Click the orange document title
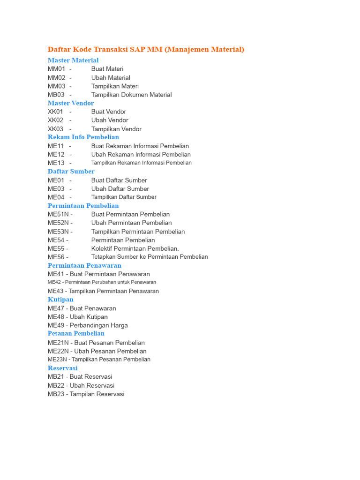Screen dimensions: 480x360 click(146, 49)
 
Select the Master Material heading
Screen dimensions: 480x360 click(73, 60)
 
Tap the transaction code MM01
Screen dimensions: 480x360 click(56, 69)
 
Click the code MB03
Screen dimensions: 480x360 click(56, 95)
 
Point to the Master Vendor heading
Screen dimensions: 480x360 click(71, 103)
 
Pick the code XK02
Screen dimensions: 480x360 click(55, 120)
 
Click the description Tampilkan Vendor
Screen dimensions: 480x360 click(116, 129)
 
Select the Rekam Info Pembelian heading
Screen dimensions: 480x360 click(83, 137)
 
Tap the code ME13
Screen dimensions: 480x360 click(56, 163)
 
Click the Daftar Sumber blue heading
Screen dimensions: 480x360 click(71, 172)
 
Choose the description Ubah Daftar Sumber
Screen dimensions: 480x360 click(120, 189)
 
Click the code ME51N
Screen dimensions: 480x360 click(58, 214)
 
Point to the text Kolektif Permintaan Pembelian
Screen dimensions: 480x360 click(135, 248)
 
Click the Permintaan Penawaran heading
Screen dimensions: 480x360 click(84, 265)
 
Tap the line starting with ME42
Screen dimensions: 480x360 click(102, 282)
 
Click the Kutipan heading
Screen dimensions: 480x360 click(60, 300)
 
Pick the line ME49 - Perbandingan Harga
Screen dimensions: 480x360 click(88, 325)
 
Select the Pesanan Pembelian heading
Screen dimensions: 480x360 click(76, 334)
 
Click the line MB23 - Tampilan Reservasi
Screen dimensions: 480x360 click(86, 394)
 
